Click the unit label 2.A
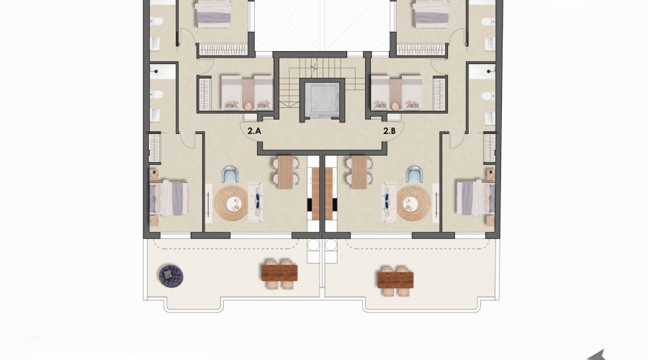[253, 131]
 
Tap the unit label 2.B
[390, 131]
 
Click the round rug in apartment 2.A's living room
[231, 203]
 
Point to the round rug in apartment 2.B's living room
[413, 203]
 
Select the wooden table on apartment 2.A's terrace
[279, 273]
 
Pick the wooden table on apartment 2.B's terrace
[395, 277]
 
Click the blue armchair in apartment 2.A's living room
[230, 174]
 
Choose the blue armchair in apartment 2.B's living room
[414, 174]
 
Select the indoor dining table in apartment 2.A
[286, 172]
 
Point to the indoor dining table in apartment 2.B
[359, 172]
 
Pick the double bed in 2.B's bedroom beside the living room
[473, 198]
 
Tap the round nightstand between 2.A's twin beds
[248, 105]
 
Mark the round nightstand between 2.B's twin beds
[395, 105]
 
